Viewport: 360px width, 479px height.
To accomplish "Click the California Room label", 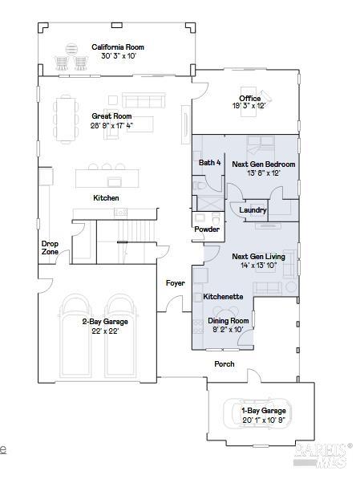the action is point(118,47).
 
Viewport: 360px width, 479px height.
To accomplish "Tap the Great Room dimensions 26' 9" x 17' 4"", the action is point(111,125).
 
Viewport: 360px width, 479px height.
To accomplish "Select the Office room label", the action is point(250,99).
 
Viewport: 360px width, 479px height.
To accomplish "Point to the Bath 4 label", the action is point(209,163).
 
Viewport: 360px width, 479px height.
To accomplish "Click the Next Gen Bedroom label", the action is point(264,164).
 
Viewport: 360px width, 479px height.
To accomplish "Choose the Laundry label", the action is point(253,210).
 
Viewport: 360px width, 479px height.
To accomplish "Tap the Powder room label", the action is point(207,229).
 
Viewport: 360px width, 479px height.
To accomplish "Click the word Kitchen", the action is point(106,198).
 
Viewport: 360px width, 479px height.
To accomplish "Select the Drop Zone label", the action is point(50,248).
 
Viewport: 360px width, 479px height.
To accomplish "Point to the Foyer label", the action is point(176,283).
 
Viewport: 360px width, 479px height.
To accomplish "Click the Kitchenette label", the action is point(223,297).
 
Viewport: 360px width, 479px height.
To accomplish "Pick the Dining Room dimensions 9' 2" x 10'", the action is point(228,329).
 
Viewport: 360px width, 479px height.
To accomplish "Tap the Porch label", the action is point(224,363).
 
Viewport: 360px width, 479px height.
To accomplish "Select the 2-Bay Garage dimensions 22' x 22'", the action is point(105,331).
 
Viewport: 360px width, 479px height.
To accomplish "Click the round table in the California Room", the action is point(71,49).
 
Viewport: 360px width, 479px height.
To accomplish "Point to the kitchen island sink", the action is point(115,182).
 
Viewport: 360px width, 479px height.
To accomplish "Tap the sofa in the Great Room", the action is point(144,100).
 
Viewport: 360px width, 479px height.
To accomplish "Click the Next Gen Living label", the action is point(258,256).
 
